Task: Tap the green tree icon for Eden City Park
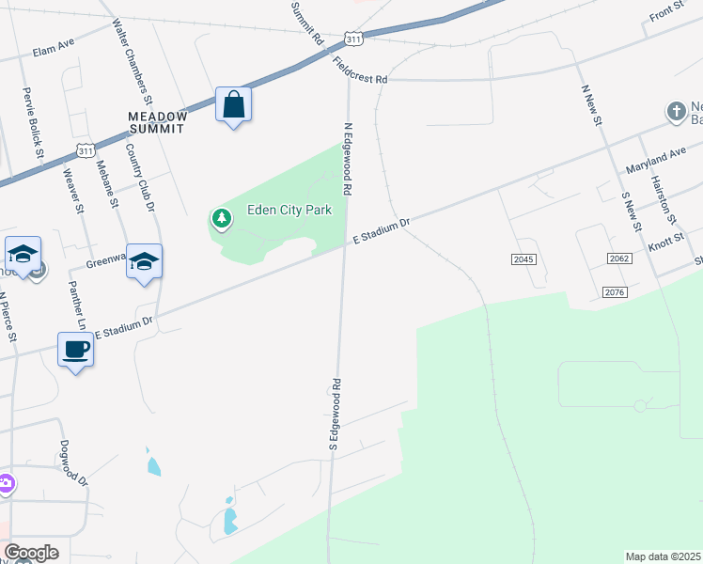[x=222, y=220]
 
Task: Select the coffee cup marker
[x=75, y=350]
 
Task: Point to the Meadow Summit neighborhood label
[x=158, y=117]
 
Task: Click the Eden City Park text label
[x=289, y=211]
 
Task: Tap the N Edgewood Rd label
[x=348, y=159]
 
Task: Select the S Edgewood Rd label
[x=334, y=413]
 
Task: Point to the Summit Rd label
[x=307, y=23]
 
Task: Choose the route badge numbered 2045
[x=524, y=259]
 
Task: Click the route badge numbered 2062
[x=618, y=258]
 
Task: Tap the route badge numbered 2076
[x=616, y=293]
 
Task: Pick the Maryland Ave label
[x=656, y=160]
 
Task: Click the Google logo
[x=31, y=553]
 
